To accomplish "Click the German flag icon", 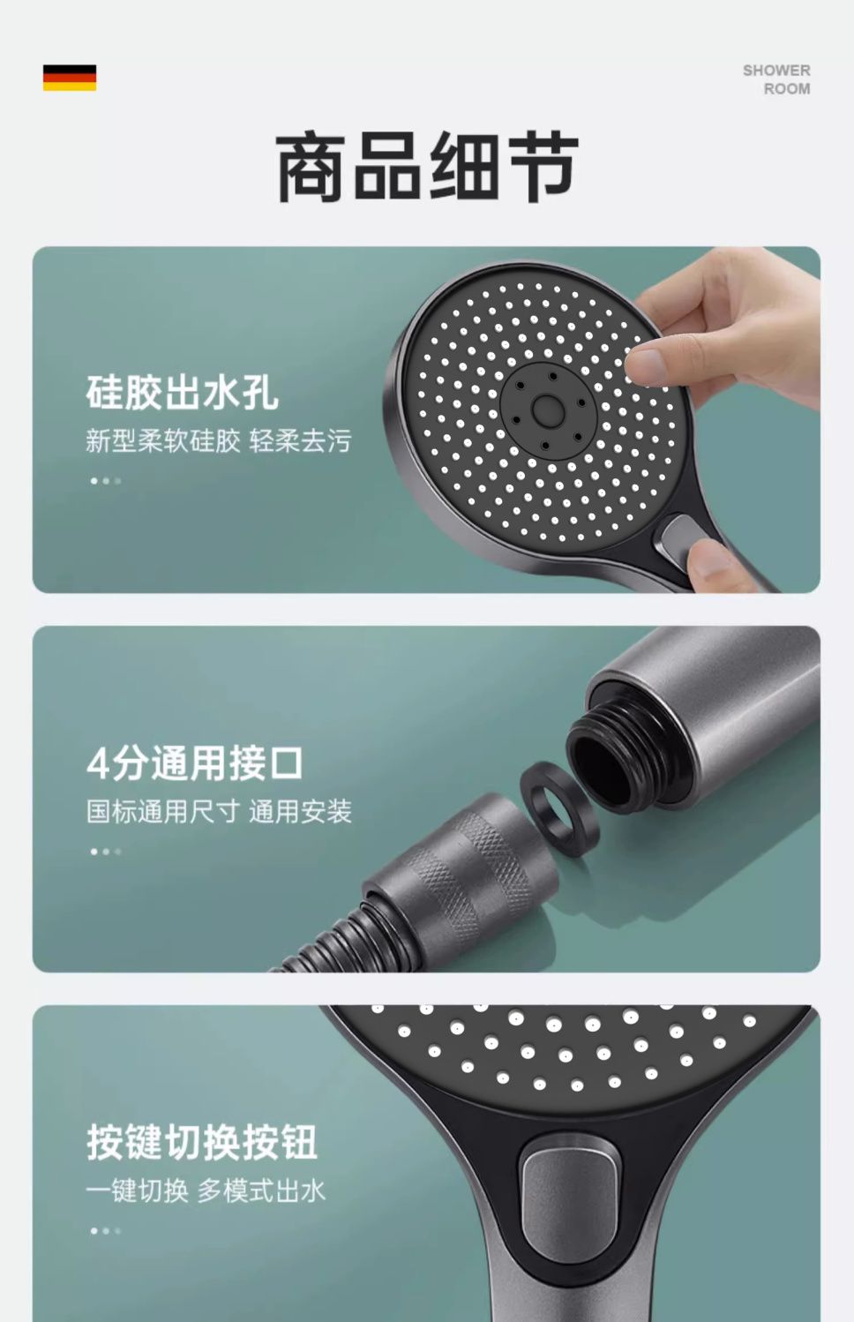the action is [x=70, y=78].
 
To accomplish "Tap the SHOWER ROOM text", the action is [x=776, y=79].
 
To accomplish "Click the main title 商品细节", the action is [x=427, y=167].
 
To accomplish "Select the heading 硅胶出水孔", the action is [x=183, y=392].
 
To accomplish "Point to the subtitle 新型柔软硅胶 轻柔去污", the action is [x=219, y=441].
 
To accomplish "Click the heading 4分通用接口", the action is [x=195, y=763].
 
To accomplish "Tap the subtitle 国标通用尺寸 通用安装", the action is [x=219, y=812].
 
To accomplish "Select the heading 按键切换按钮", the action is [x=202, y=1142].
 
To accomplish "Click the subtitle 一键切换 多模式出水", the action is [x=206, y=1191].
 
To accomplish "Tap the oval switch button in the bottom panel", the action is [x=570, y=1192].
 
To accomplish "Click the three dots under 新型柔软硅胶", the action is [x=106, y=481].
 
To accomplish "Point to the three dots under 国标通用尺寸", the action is [x=106, y=852].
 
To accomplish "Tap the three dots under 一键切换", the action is [x=106, y=1230].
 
